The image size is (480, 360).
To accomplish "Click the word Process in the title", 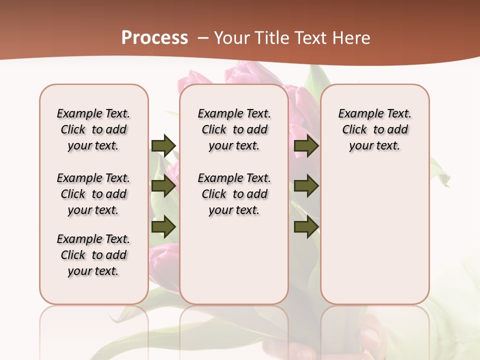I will coord(154,38).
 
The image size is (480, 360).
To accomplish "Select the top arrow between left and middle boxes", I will coord(163,145).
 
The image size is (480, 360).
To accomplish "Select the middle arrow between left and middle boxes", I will coord(163,186).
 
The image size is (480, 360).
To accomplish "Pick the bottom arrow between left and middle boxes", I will coord(163,227).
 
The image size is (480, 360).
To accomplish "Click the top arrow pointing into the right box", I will coord(306,145).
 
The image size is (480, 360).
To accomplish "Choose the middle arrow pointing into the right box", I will coord(306,186).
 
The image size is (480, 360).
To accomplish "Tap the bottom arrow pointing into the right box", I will coord(306,227).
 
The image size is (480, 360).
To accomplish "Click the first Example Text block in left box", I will coord(93,129).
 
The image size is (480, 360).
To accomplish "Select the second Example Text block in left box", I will coord(93,194).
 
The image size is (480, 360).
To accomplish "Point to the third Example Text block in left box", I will coord(93,255).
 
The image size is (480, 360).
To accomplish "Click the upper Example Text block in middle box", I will coord(234,129).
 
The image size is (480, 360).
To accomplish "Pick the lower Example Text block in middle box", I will coord(234,194).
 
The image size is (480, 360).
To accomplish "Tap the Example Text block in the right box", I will coord(374,129).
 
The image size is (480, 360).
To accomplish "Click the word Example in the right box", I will coord(356,114).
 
